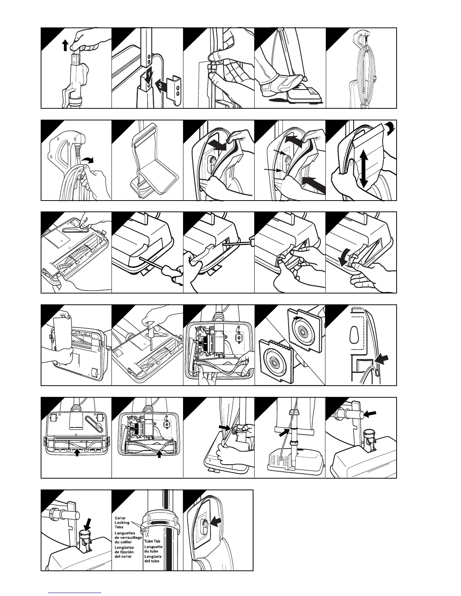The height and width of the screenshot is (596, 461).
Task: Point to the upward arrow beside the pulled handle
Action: click(65, 46)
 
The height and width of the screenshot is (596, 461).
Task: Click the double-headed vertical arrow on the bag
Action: click(363, 169)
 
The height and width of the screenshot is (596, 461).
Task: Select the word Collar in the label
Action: click(120, 518)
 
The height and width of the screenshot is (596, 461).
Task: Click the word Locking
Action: click(122, 523)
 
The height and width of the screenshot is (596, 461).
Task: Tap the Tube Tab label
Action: click(152, 541)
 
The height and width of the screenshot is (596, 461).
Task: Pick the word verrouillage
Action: click(128, 538)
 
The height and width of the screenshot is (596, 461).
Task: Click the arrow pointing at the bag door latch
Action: click(216, 521)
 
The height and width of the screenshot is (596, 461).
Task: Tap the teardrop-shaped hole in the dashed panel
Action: click(354, 334)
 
